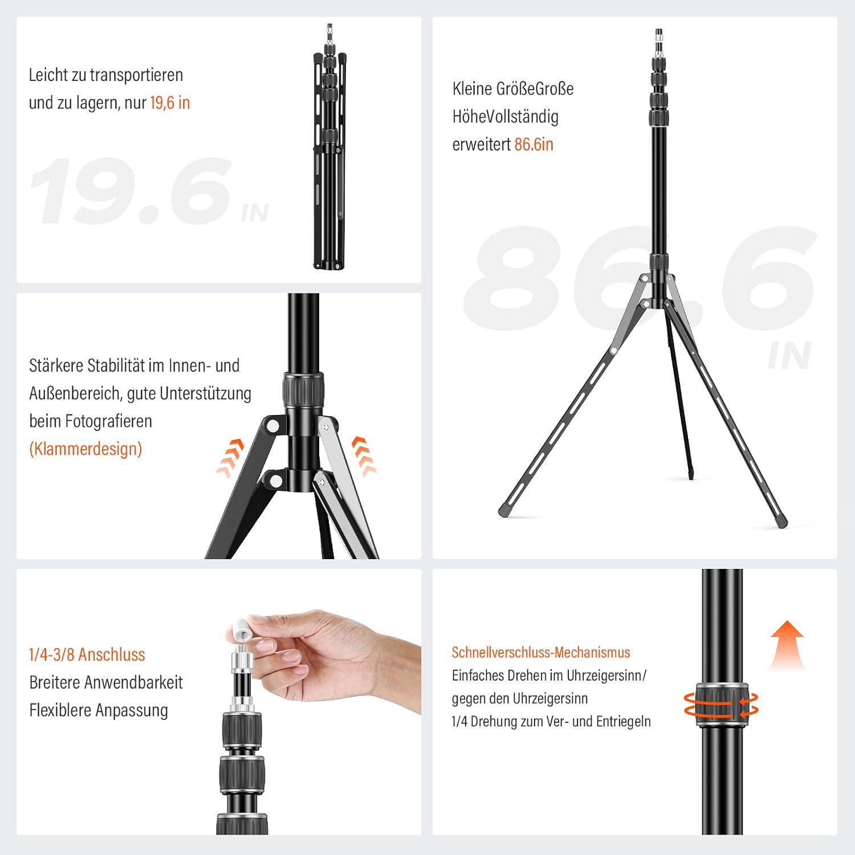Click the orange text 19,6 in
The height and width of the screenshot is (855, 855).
pos(170,103)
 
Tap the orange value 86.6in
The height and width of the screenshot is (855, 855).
pos(534,144)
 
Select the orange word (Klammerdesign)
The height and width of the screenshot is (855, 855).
pos(85,449)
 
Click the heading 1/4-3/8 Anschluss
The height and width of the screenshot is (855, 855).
pos(87,654)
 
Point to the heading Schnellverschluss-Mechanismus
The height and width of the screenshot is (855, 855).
pos(541,653)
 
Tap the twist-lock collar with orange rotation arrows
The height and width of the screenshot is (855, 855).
pos(722,704)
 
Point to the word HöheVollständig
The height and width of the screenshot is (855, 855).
pos(505,116)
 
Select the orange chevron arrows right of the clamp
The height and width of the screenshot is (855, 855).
pos(364,455)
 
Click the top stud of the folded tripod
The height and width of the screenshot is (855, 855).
pos(329,28)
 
